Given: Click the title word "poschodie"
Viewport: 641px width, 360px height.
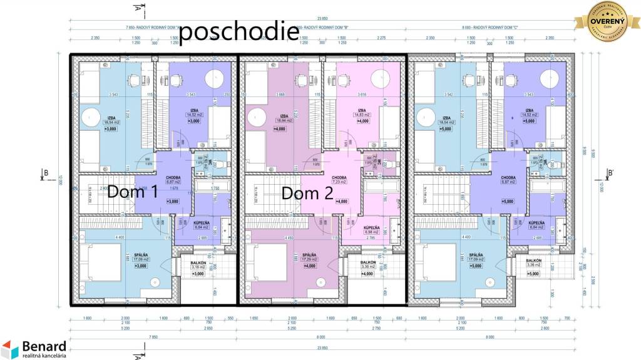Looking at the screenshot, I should point(238,32).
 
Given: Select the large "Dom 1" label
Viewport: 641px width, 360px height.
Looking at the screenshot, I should point(133,192).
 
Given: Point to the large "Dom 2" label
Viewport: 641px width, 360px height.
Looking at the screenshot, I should point(307,193).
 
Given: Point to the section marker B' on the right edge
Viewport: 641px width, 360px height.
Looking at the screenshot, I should point(610,173).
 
